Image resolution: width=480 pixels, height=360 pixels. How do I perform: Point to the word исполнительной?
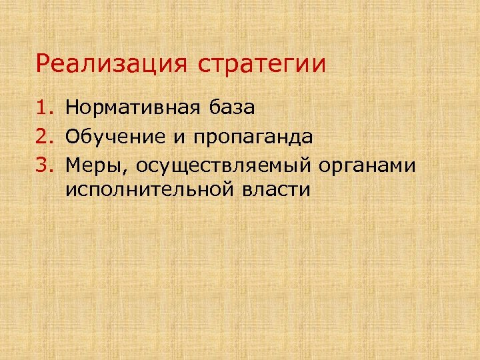pyautogui.click(x=149, y=190)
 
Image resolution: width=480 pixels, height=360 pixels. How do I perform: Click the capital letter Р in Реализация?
pyautogui.click(x=43, y=65)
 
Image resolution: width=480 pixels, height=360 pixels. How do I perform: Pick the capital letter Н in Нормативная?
pyautogui.click(x=73, y=107)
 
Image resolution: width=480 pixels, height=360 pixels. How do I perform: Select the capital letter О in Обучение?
pyautogui.click(x=74, y=137)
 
